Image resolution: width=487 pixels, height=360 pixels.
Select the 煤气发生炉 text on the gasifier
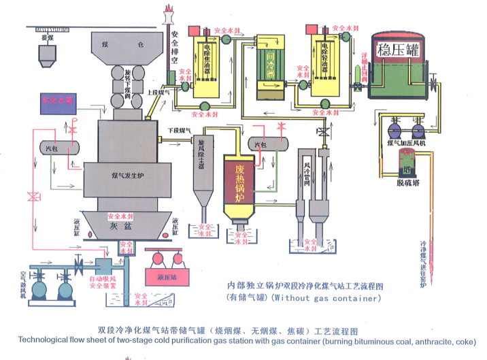[x=127, y=175]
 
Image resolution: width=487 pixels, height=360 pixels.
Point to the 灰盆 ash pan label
[x=119, y=226]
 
